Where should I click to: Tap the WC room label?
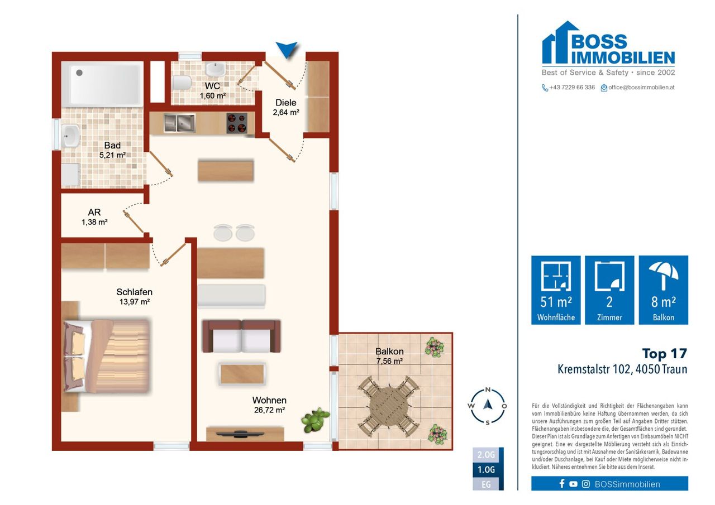point(212,86)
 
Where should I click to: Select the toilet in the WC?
point(182,83)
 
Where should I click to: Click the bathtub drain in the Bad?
point(79,73)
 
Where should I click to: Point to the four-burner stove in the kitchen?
point(236,123)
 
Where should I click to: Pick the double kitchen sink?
point(179,123)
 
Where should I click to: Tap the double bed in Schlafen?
point(107,356)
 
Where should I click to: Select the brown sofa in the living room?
point(241,336)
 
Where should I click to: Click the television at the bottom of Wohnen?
point(240,434)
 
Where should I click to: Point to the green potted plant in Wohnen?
point(315,420)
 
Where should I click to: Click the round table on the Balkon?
point(389,407)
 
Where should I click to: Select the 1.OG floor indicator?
point(487,469)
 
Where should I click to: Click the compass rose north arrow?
point(488,404)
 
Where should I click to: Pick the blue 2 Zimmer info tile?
point(609,290)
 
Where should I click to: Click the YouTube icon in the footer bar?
point(573,484)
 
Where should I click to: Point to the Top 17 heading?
point(665,354)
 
